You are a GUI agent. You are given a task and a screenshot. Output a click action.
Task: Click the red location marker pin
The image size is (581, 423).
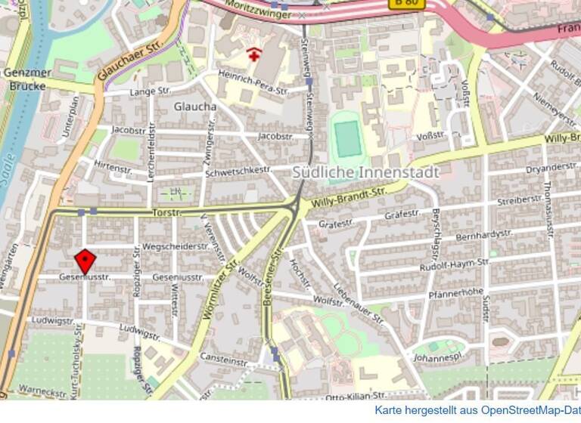tap(85, 262)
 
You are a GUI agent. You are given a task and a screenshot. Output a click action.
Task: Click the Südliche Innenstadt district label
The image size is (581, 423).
tap(365, 173)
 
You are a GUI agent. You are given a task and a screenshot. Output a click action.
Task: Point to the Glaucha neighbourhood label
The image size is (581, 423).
tap(195, 107)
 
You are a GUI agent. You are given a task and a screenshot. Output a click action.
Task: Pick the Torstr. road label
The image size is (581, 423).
tap(166, 213)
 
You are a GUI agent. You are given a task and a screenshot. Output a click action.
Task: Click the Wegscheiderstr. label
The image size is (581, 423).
tap(176, 246)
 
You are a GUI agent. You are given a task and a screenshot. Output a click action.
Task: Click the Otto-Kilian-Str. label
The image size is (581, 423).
tap(356, 395)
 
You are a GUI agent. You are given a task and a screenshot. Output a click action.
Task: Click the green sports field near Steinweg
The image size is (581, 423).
tap(347, 137)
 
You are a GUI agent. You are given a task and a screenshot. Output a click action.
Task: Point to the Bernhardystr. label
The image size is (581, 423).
tap(485, 235)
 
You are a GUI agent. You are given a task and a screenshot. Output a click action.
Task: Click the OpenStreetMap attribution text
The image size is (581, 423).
tap(477, 410)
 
